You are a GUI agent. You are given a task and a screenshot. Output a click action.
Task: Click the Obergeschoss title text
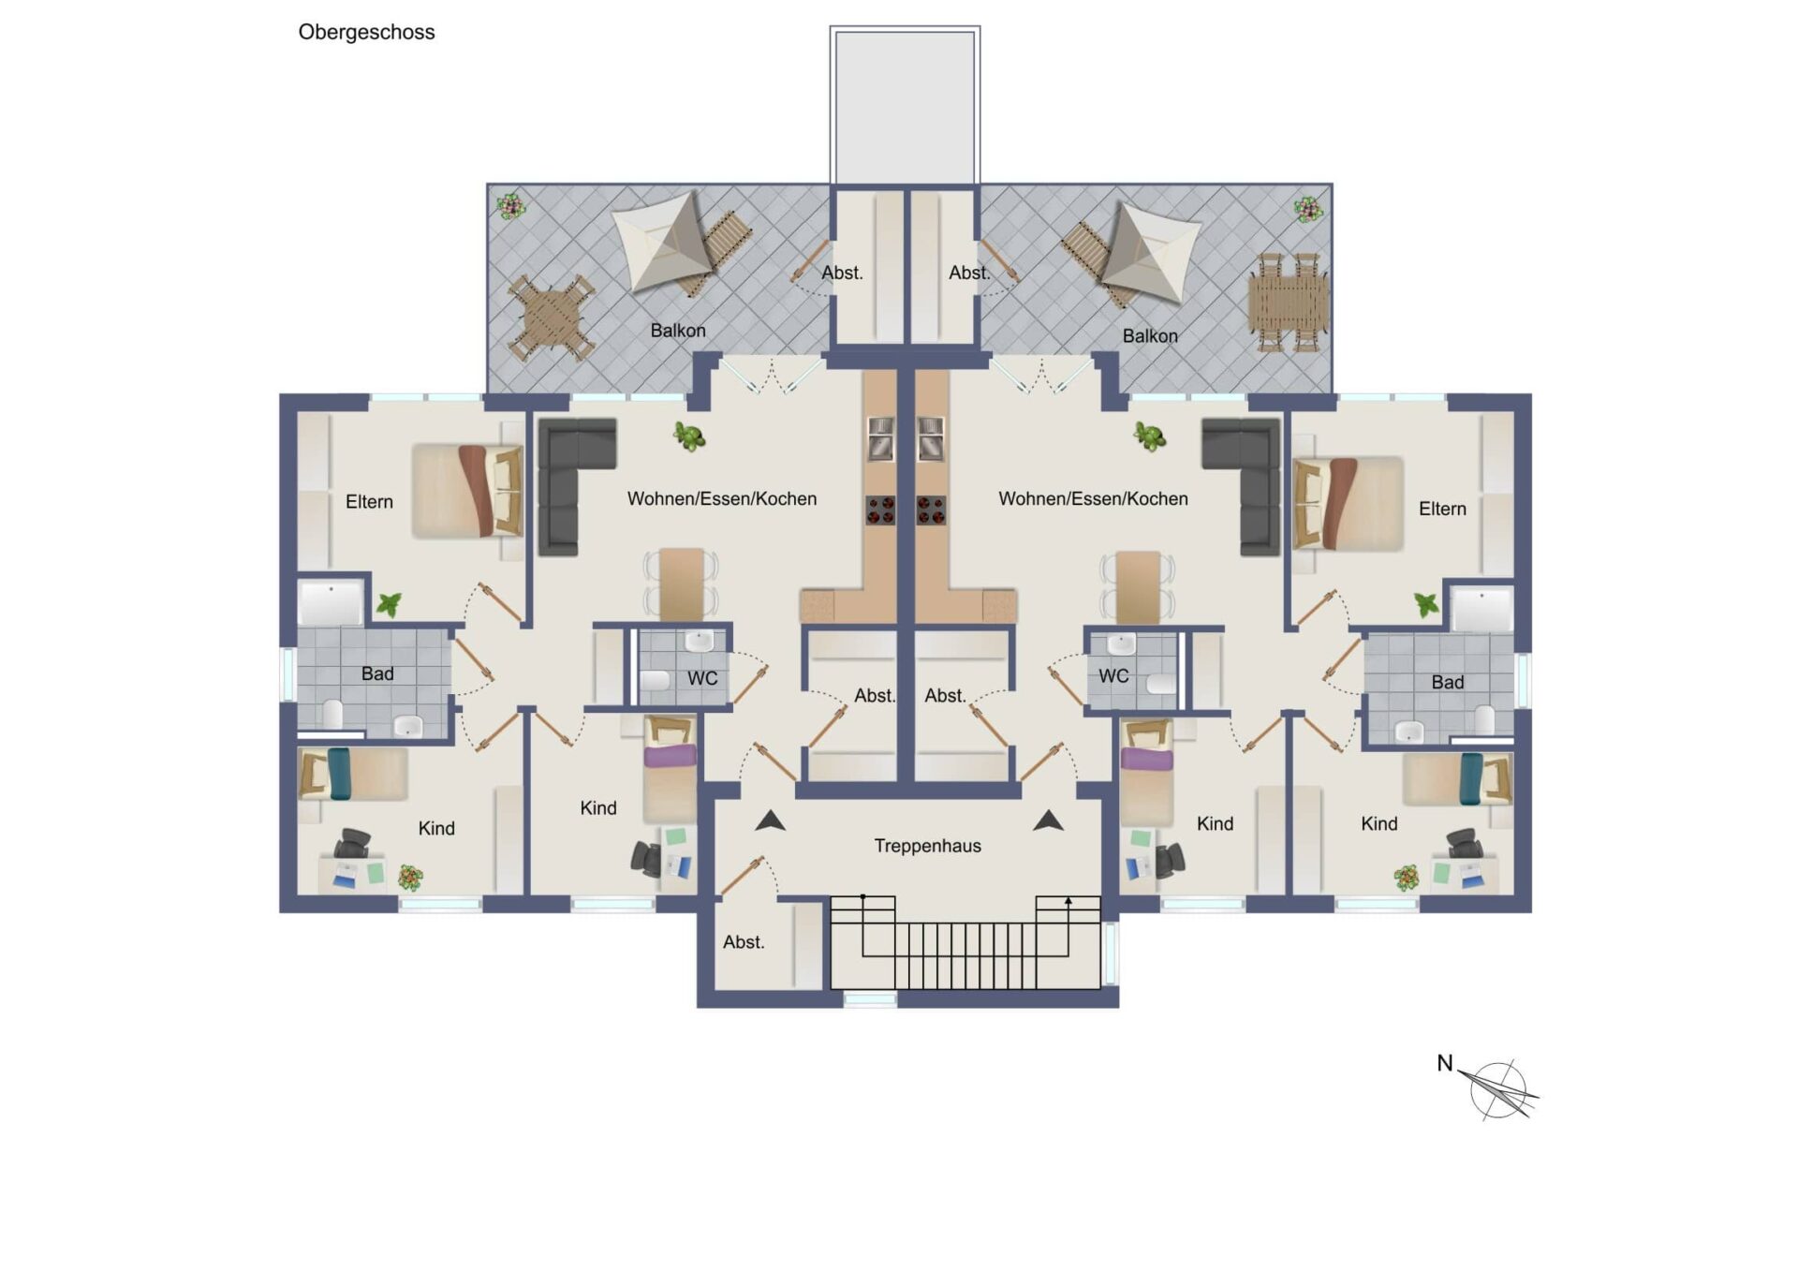pos(366,33)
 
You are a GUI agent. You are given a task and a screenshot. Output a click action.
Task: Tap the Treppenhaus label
pos(927,846)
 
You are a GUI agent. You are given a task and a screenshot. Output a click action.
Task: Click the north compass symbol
pos(1498,1089)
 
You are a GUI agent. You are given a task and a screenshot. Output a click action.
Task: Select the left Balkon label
pos(678,331)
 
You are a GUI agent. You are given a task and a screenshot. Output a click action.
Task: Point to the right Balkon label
pos(1150,336)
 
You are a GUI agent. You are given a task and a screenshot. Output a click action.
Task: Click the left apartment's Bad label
pos(377,673)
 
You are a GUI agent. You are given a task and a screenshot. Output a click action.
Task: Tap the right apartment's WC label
pos(1113,676)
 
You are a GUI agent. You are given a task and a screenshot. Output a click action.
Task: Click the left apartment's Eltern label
pos(369,502)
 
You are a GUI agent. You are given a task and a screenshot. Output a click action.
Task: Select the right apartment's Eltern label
pos(1442,509)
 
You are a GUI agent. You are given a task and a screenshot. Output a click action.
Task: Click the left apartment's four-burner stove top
pos(879,510)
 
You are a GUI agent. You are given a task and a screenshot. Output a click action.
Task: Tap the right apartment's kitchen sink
pos(931,439)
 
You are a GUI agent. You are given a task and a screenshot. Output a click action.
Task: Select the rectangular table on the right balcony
pos(1288,303)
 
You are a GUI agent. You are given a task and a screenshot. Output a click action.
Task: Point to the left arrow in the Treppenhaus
pos(770,821)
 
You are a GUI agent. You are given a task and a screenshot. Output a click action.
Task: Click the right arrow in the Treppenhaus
pos(1048,821)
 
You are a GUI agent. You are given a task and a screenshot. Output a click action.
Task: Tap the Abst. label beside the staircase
pos(744,942)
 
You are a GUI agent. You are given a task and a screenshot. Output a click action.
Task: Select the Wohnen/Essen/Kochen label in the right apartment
pos(1093,499)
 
